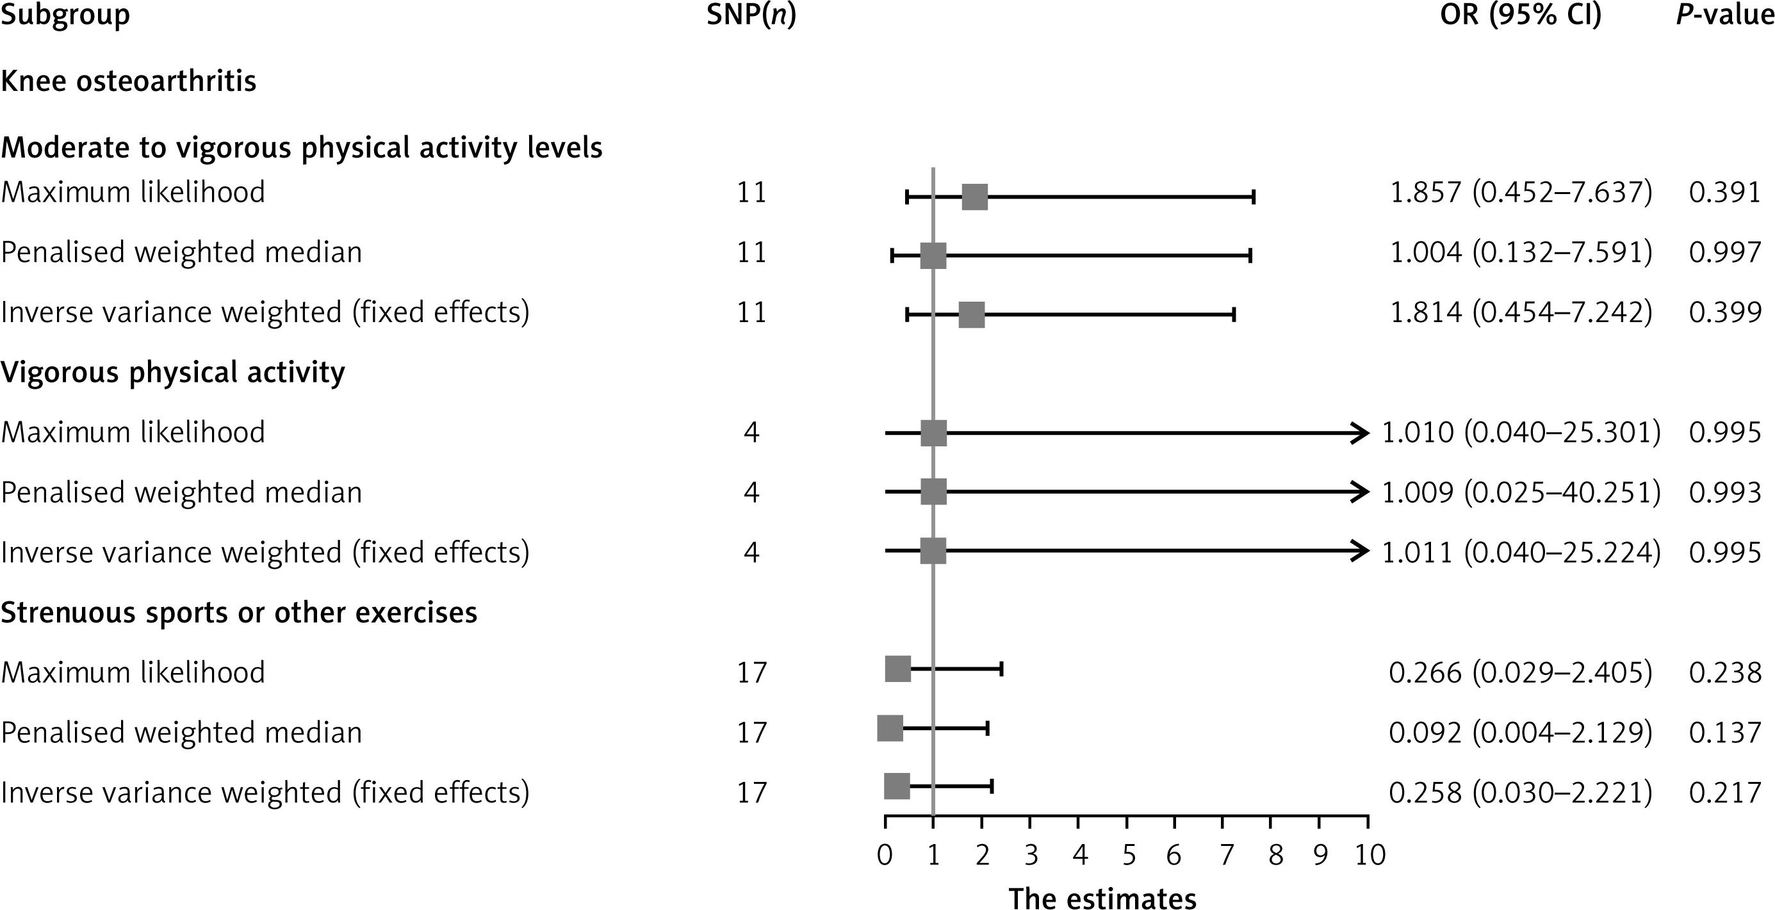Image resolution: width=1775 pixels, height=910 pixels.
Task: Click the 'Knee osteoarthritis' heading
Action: tap(128, 81)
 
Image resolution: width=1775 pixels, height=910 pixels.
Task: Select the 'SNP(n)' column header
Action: tap(751, 15)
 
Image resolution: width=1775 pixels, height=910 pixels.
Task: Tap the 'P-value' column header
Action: tap(1724, 15)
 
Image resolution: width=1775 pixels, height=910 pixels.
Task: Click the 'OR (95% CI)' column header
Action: tap(1521, 15)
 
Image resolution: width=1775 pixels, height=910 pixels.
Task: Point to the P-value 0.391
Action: tap(1724, 192)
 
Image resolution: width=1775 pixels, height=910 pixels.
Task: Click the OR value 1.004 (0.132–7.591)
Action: tap(1521, 252)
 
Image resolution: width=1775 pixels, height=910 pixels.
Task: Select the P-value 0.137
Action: tap(1724, 732)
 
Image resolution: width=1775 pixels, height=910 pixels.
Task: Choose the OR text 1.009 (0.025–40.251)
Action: tap(1521, 492)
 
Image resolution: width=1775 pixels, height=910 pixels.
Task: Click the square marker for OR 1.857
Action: tap(974, 197)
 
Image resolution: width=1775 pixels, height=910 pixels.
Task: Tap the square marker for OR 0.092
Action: tap(890, 728)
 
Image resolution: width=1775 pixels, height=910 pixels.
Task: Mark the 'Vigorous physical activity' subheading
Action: tap(173, 373)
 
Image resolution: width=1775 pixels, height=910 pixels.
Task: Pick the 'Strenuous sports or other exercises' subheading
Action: tap(239, 612)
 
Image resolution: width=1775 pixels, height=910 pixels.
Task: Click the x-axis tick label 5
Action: tap(1129, 856)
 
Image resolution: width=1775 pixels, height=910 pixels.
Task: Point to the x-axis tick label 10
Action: tap(1370, 856)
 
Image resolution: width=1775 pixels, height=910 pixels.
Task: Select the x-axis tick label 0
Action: tap(885, 856)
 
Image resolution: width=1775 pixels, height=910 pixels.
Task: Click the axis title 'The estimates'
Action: tap(1102, 898)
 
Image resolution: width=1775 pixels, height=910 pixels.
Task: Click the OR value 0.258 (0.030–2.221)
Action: tap(1521, 793)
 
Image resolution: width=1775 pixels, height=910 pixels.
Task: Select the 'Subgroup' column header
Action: tap(65, 15)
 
